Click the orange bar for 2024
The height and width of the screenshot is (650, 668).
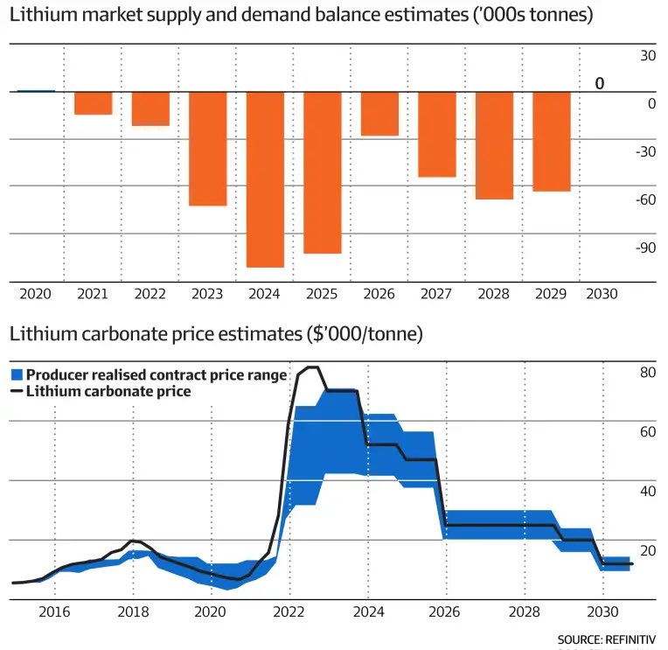click(265, 179)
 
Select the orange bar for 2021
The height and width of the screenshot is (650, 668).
click(93, 103)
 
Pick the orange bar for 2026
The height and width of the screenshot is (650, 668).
click(379, 114)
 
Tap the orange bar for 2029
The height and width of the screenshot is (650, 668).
click(552, 141)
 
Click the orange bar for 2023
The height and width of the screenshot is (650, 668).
click(208, 149)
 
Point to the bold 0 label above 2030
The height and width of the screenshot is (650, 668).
click(600, 84)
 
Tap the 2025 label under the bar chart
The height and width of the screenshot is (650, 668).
click(322, 295)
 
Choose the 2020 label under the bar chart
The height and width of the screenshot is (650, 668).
click(35, 295)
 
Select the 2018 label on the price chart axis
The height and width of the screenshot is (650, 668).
click(133, 613)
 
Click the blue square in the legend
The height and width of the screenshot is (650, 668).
click(17, 375)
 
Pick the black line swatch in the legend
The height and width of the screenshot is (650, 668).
click(17, 392)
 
